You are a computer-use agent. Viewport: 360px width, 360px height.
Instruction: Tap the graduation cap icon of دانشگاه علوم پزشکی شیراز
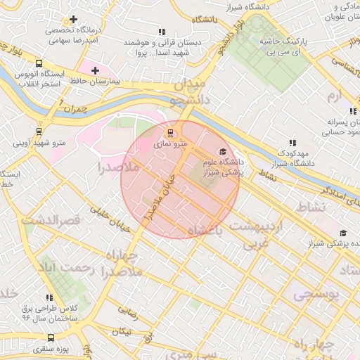point(223,151)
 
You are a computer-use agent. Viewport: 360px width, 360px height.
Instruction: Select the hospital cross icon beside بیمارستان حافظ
point(96,71)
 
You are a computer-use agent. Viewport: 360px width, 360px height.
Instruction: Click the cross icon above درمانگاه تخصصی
point(73,19)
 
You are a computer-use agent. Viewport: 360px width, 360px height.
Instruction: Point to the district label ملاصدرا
point(103,168)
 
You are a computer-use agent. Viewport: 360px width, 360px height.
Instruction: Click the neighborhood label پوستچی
point(316,295)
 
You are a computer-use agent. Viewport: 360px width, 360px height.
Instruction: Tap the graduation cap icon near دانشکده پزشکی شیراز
point(342,233)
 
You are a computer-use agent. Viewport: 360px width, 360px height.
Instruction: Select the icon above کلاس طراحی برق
point(49,297)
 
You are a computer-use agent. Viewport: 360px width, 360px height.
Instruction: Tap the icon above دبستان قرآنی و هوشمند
point(162,32)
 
